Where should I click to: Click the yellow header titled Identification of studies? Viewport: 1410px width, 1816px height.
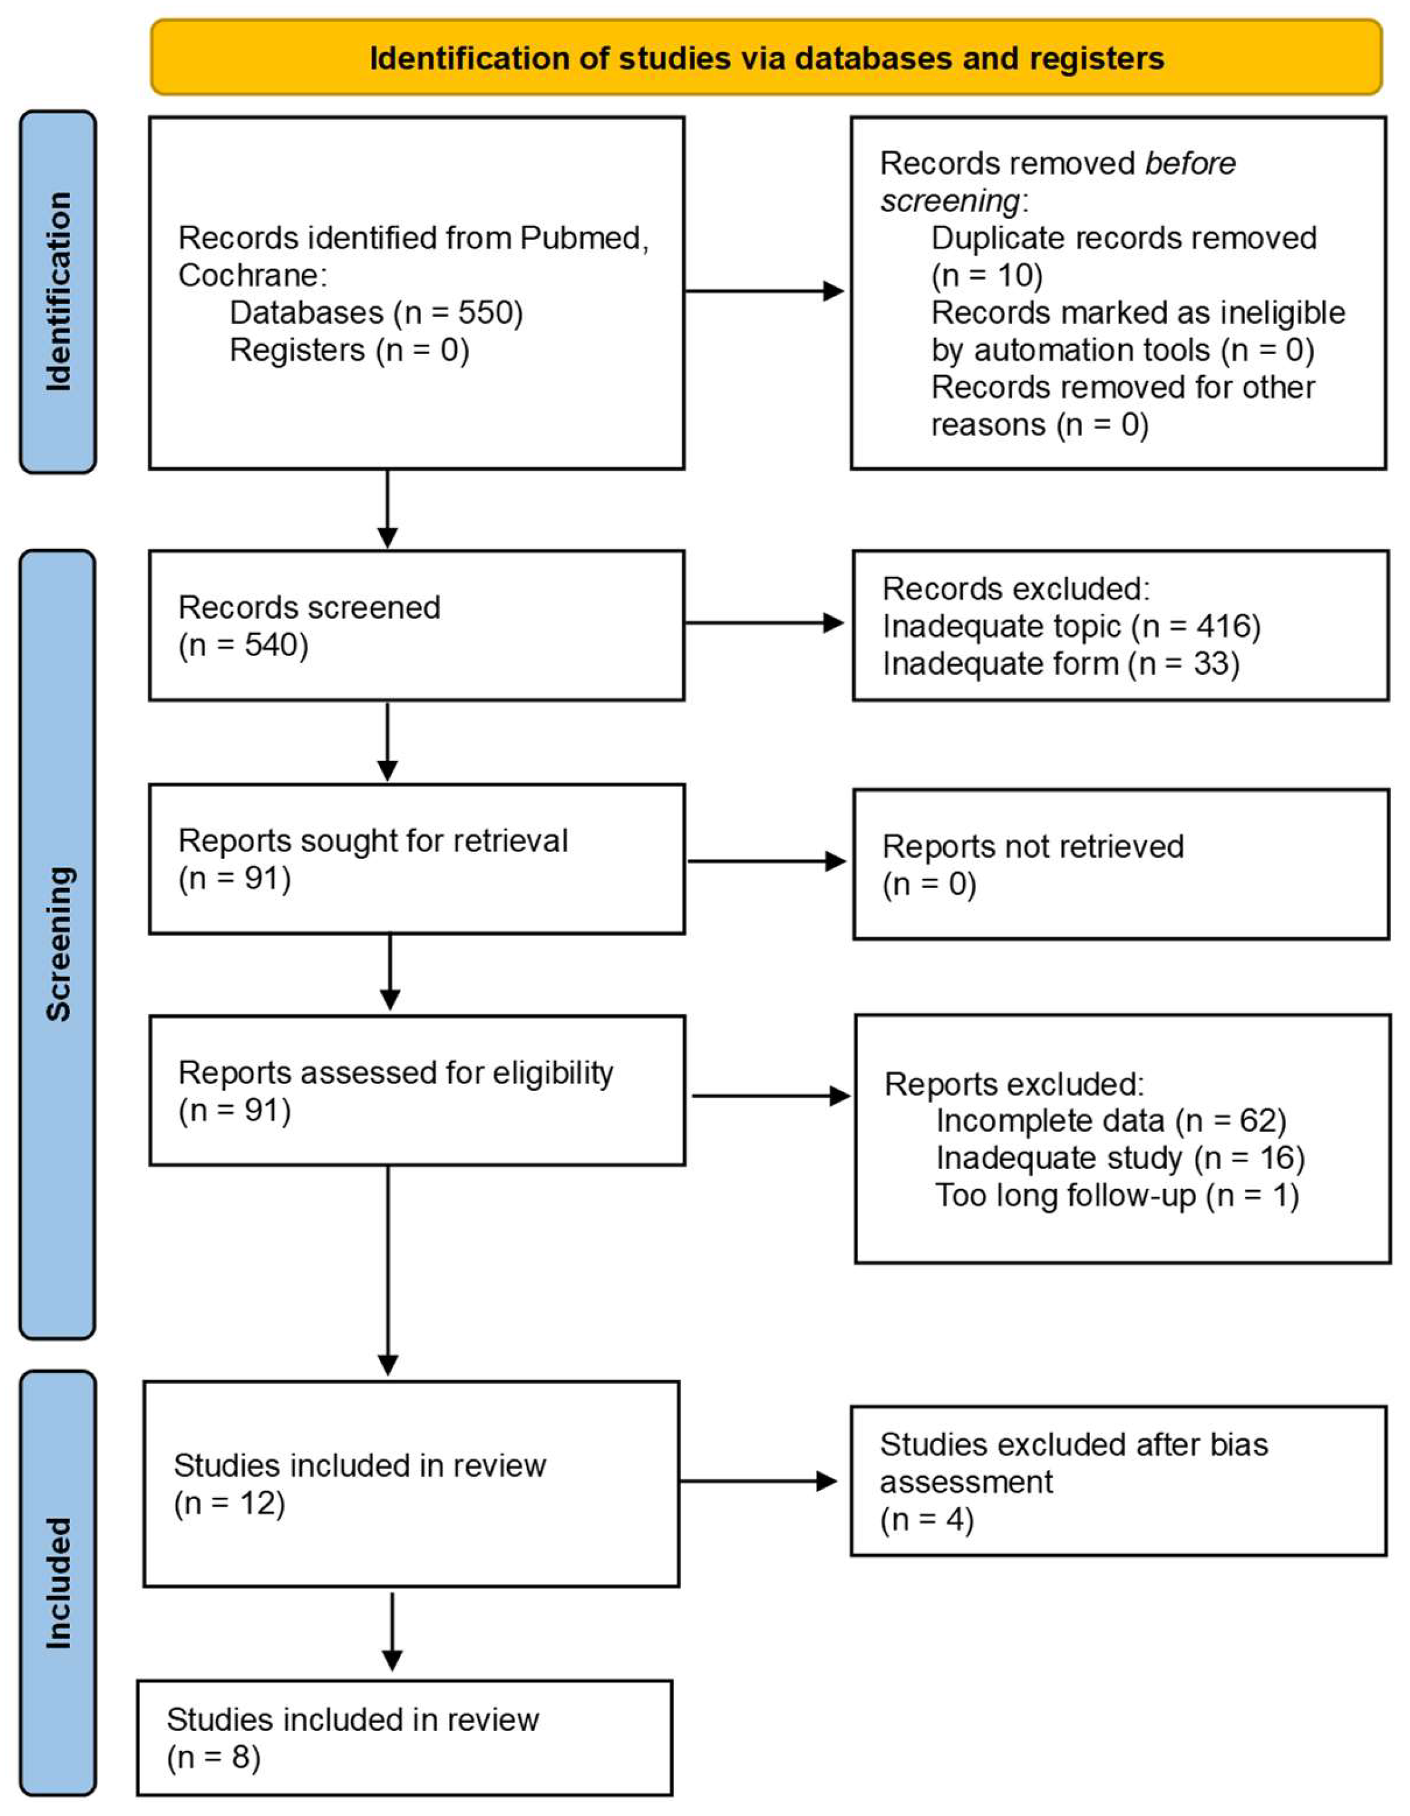pyautogui.click(x=766, y=58)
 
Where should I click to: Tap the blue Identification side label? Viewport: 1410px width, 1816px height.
pyautogui.click(x=58, y=292)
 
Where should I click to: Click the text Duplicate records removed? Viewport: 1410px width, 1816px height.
pyautogui.click(x=1123, y=239)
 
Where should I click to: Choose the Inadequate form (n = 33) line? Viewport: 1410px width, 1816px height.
pyautogui.click(x=1060, y=664)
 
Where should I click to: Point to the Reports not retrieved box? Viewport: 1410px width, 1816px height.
pyautogui.click(x=1120, y=865)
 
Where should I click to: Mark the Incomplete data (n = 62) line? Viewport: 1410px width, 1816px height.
pyautogui.click(x=1110, y=1121)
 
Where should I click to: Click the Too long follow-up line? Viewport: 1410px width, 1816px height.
pyautogui.click(x=1117, y=1196)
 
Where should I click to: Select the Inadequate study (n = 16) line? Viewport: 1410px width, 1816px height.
pyautogui.click(x=1120, y=1159)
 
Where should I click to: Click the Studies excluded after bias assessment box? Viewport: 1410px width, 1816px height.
pyautogui.click(x=1117, y=1482)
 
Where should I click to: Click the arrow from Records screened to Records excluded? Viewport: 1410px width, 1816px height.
pyautogui.click(x=763, y=623)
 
